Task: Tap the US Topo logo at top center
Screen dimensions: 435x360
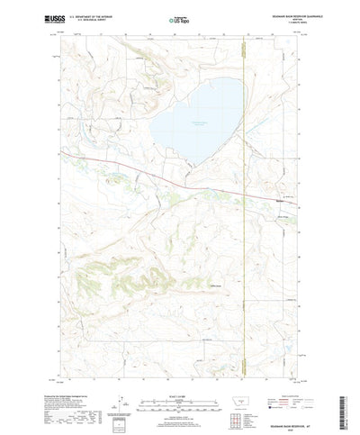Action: (180, 18)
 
